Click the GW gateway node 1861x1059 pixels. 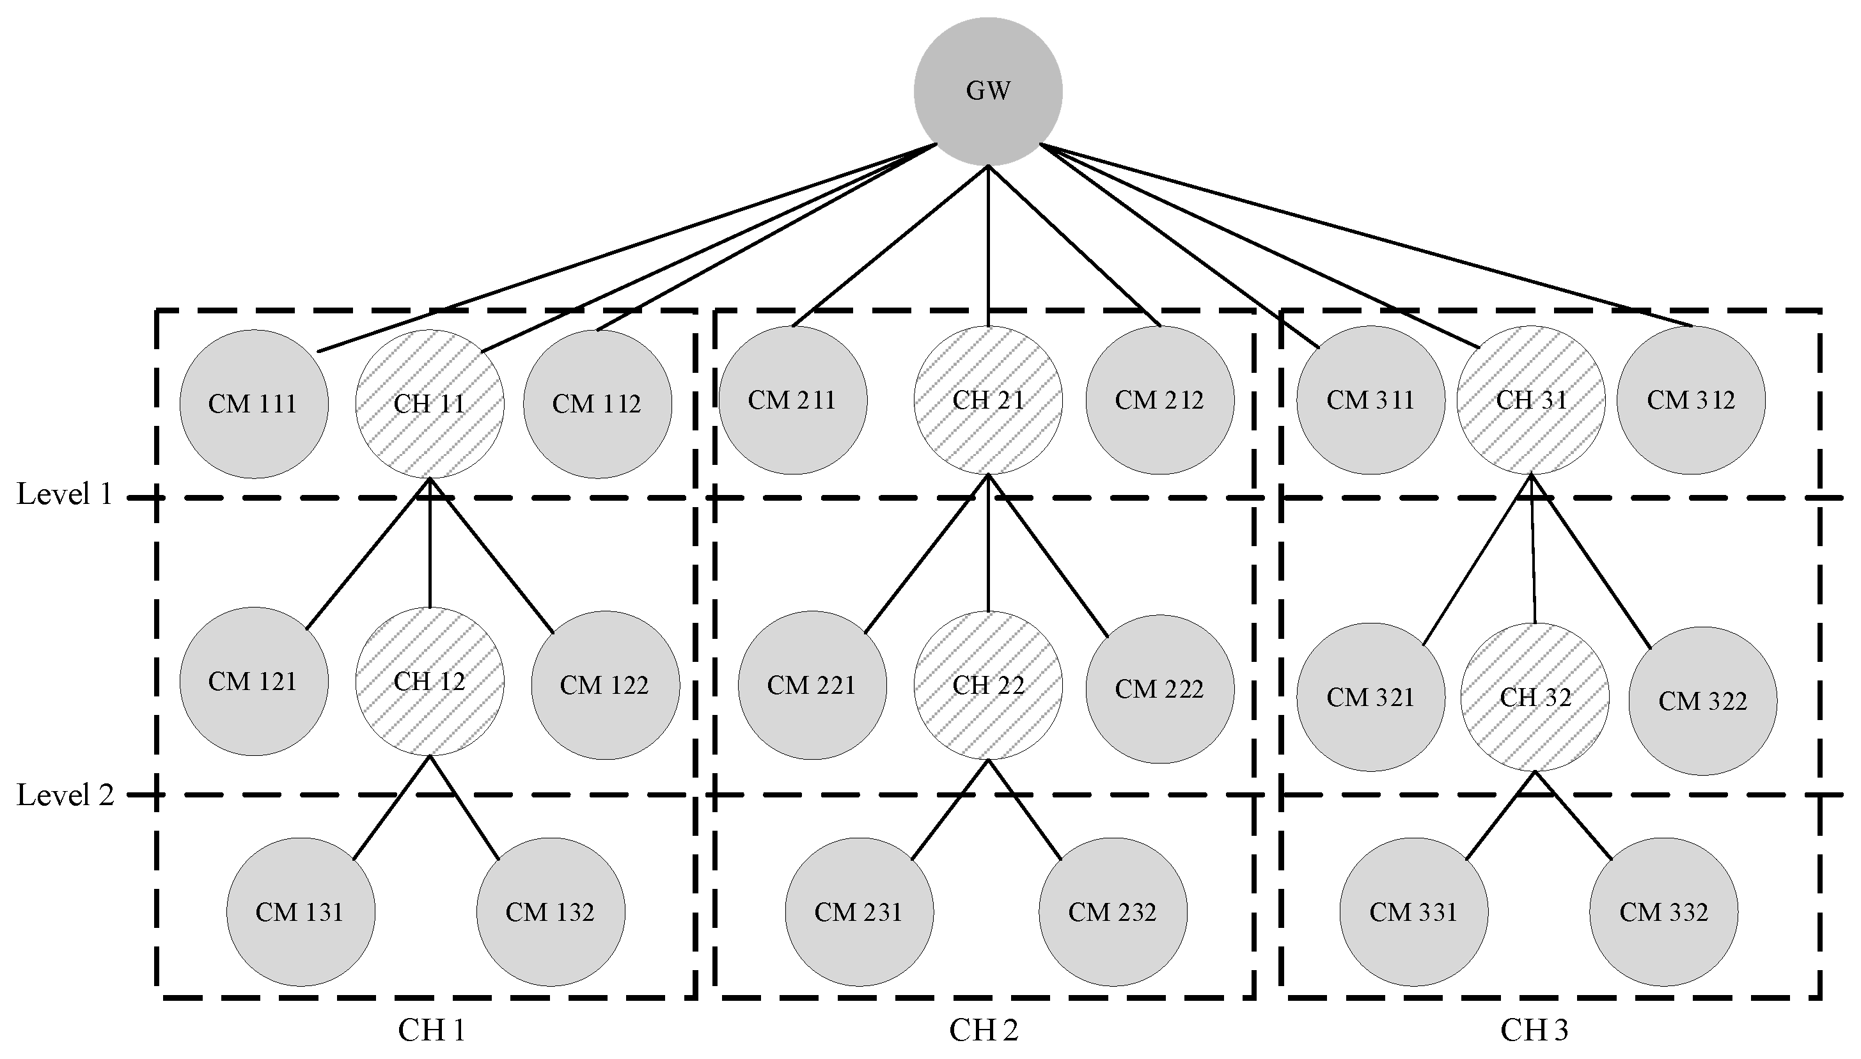987,91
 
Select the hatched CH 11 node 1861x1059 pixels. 429,404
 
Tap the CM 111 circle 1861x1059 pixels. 254,404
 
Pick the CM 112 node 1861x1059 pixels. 597,404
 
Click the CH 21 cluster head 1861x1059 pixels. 987,400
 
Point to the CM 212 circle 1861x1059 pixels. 1159,400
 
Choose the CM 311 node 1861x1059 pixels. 1370,400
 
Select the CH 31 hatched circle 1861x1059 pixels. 1531,400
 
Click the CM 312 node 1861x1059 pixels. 1691,400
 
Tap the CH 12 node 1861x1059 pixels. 429,682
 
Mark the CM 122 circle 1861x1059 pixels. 605,685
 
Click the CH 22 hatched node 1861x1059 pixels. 987,685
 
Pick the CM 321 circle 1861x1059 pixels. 1370,697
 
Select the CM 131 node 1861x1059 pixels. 301,912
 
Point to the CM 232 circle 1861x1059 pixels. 1113,912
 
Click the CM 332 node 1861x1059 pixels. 1663,912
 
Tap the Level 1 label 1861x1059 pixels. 64,494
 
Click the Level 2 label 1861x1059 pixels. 65,795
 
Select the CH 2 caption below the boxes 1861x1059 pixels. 983,1030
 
